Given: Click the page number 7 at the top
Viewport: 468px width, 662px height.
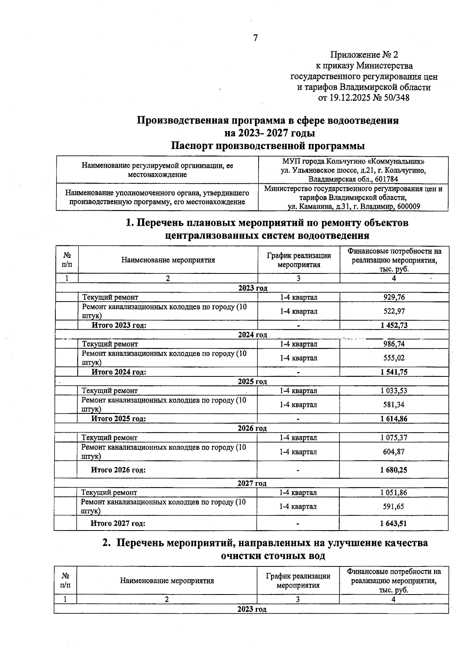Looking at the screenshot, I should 255,38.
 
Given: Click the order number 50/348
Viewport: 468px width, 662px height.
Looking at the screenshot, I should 397,98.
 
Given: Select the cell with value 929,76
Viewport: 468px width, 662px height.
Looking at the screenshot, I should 394,297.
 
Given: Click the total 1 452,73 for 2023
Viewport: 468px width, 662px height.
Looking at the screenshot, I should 394,325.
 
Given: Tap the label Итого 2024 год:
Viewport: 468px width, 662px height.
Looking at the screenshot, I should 119,372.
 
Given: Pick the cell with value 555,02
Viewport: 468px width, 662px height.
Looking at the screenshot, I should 394,358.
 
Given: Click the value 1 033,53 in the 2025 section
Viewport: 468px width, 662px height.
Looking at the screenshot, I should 394,390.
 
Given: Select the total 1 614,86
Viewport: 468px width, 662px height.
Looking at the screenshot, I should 394,419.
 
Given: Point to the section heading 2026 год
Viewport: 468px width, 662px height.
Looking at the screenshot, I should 252,428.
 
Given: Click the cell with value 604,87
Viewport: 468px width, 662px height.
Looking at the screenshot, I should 394,452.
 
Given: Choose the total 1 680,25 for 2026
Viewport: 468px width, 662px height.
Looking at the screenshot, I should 394,470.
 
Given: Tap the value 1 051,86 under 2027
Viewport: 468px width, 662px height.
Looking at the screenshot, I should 394,493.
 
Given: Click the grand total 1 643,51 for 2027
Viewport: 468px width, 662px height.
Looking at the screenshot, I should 394,524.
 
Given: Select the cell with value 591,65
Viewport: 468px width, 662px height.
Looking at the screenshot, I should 394,507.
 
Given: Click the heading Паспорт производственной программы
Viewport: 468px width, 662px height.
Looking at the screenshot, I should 268,146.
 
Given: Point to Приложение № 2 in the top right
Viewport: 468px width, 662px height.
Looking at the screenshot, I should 364,55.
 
